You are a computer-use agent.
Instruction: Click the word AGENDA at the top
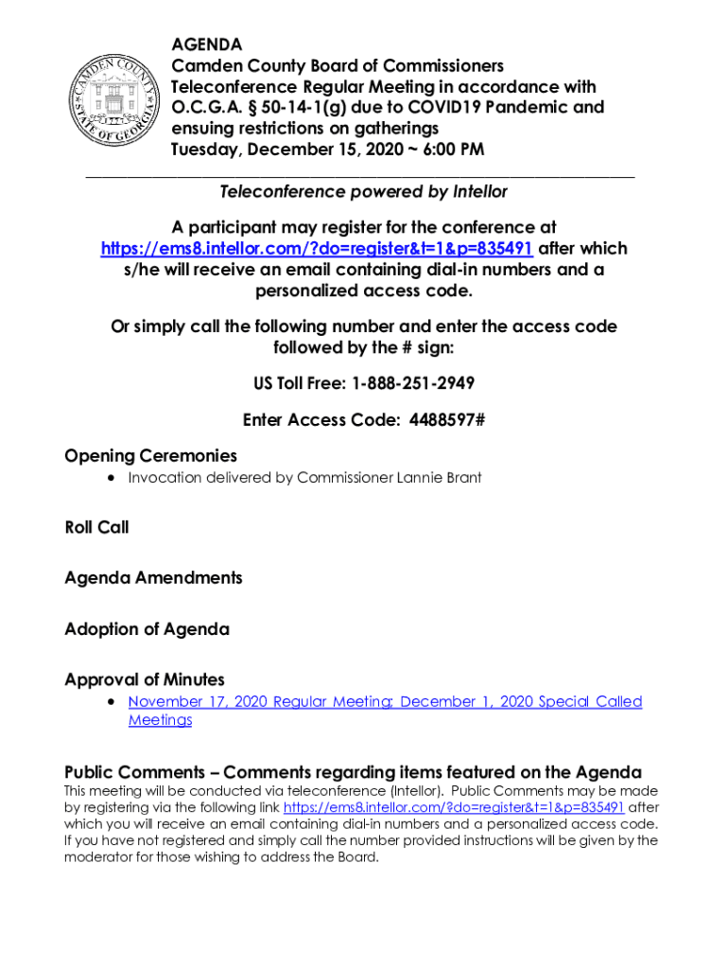[x=206, y=44]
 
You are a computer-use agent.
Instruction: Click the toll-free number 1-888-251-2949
[x=412, y=383]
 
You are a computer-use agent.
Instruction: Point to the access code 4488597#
[x=446, y=420]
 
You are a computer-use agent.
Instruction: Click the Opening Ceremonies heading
[x=150, y=456]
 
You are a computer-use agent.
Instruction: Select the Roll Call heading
[x=96, y=527]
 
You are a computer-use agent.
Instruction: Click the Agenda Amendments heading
[x=153, y=577]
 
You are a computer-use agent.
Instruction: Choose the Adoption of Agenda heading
[x=147, y=628]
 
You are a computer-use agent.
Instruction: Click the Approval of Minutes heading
[x=145, y=679]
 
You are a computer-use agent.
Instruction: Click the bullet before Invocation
[x=113, y=478]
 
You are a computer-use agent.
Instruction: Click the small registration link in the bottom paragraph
[x=454, y=808]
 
